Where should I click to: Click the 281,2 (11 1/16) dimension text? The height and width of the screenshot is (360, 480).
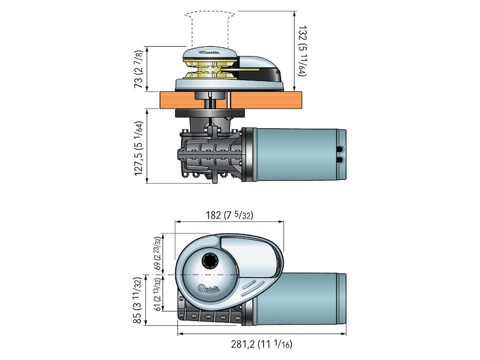pyautogui.click(x=262, y=344)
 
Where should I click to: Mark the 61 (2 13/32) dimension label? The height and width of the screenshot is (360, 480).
pyautogui.click(x=157, y=294)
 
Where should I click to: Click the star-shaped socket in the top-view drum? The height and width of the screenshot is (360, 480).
pyautogui.click(x=211, y=262)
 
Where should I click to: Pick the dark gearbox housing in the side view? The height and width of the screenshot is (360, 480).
pyautogui.click(x=210, y=154)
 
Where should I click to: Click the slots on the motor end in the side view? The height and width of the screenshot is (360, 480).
pyautogui.click(x=340, y=155)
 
